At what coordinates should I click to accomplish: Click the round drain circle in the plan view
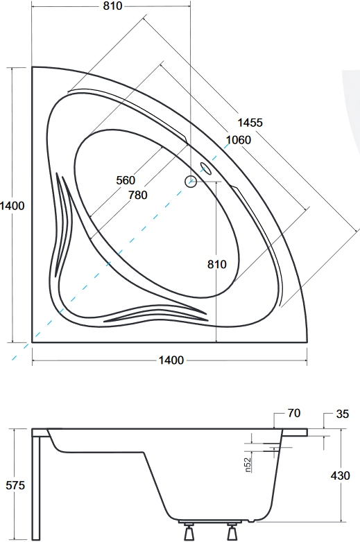pyautogui.click(x=191, y=181)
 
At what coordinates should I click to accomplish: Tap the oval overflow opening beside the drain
pyautogui.click(x=206, y=168)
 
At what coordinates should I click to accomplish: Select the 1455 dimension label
pyautogui.click(x=250, y=123)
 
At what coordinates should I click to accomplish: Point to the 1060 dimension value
pyautogui.click(x=239, y=140)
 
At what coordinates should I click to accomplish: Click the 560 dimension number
pyautogui.click(x=126, y=180)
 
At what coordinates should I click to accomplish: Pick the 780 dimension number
pyautogui.click(x=137, y=195)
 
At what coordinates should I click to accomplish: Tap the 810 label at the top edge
pyautogui.click(x=113, y=6)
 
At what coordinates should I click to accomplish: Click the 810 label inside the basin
pyautogui.click(x=217, y=265)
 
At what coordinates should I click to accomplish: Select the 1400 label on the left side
pyautogui.click(x=12, y=206)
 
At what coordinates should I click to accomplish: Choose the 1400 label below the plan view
pyautogui.click(x=171, y=360)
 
